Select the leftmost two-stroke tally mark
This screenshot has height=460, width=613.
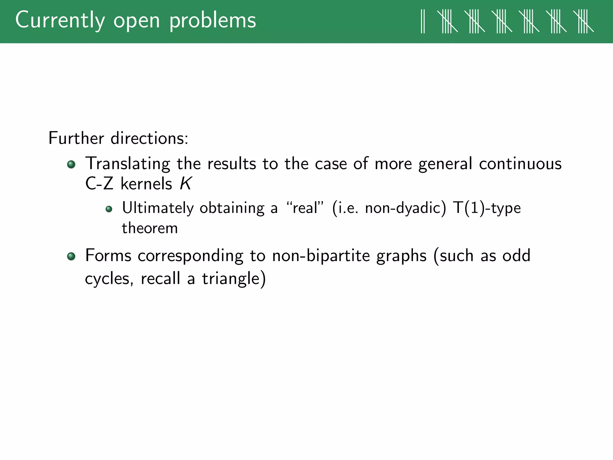[423, 21]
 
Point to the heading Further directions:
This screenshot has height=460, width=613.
[118, 138]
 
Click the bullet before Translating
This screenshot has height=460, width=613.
[71, 164]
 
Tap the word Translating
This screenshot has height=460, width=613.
[128, 164]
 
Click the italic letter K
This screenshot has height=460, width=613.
[185, 183]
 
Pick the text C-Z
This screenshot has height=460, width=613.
[99, 183]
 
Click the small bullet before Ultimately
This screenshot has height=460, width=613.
[109, 209]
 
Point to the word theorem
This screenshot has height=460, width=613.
[150, 228]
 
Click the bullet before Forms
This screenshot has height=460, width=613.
[71, 256]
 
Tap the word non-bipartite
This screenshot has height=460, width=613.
[321, 256]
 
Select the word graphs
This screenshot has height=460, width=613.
[401, 256]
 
